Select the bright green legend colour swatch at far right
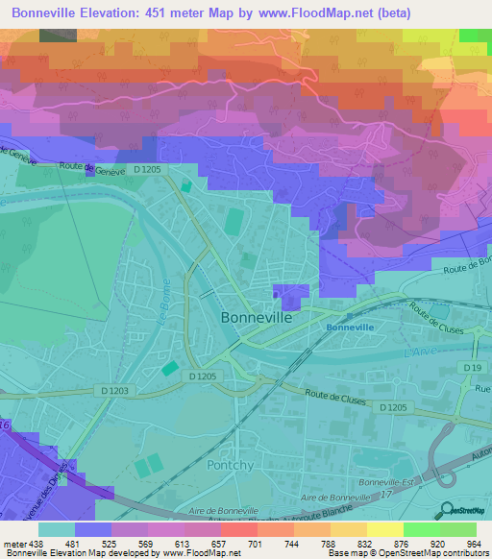point(457,529)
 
